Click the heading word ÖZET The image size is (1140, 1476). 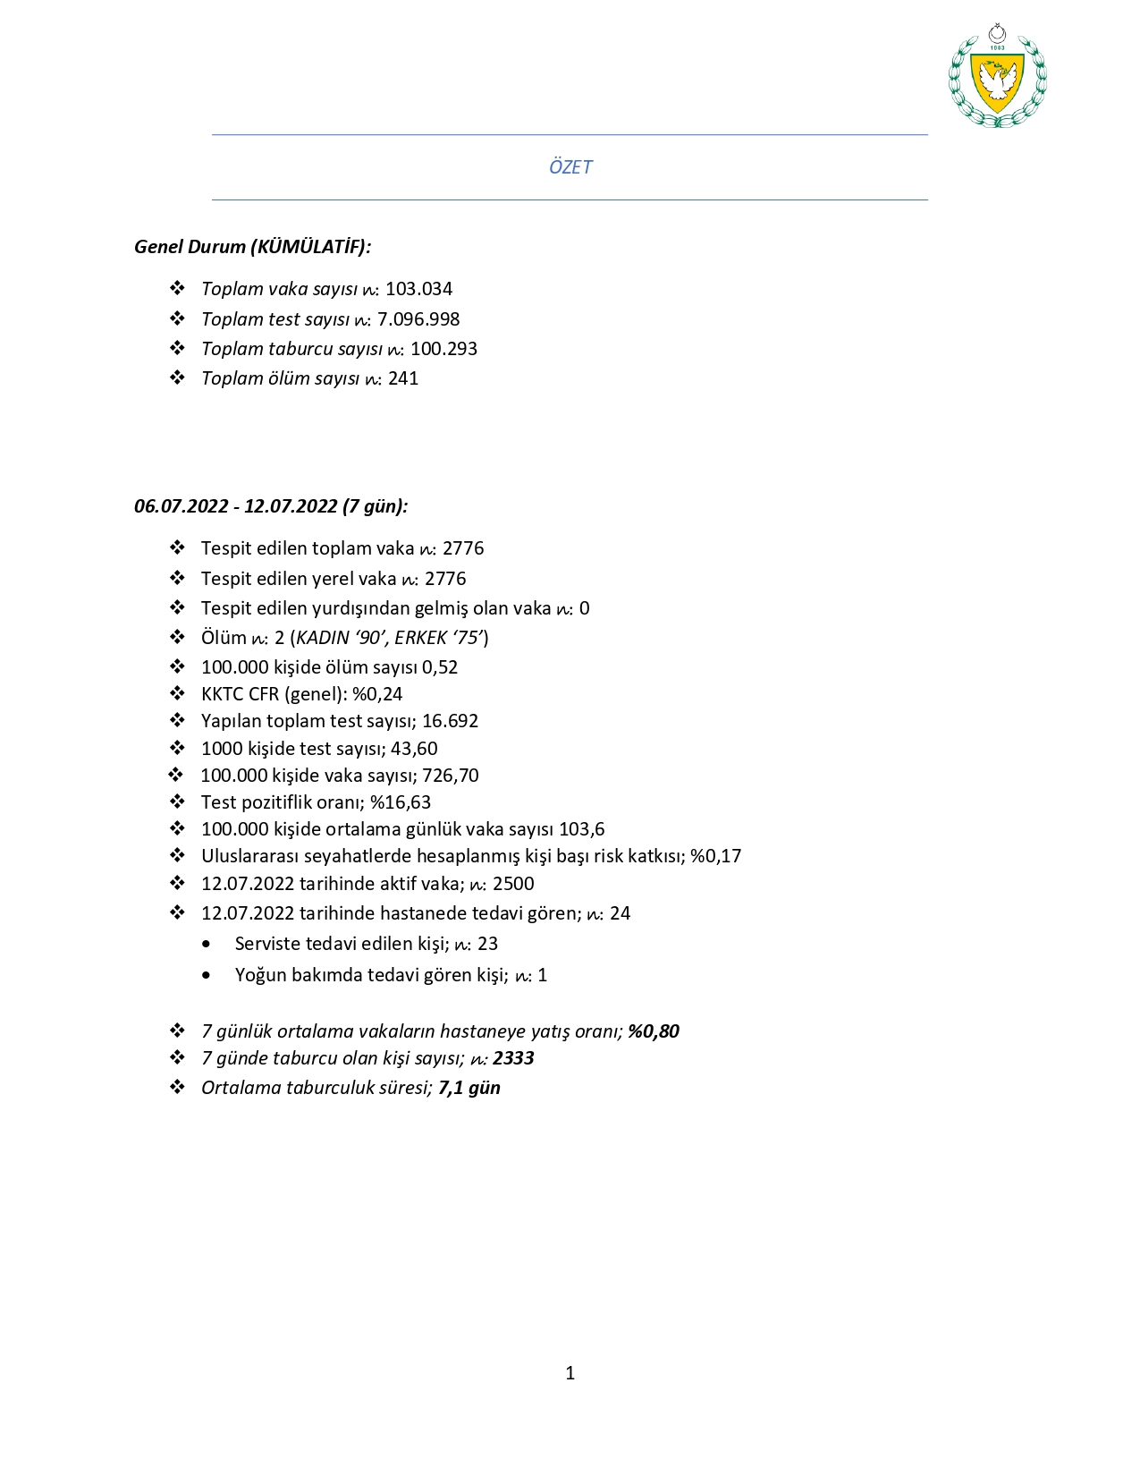pos(570,167)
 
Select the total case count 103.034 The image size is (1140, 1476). pos(418,289)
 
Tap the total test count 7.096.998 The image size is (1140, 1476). pos(418,319)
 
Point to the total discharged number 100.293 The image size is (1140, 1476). pos(443,349)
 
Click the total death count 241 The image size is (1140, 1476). pos(403,378)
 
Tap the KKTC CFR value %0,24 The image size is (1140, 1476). pos(377,694)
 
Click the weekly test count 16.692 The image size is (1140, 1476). pos(450,721)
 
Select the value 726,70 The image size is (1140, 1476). pos(451,776)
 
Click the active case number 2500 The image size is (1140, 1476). pos(513,884)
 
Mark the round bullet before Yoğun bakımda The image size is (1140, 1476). pos(207,975)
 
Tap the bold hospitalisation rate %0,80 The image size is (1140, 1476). pos(654,1031)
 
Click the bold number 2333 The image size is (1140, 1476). pos(513,1058)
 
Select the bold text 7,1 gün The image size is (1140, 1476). pos(469,1088)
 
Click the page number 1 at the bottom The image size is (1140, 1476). pos(570,1373)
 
